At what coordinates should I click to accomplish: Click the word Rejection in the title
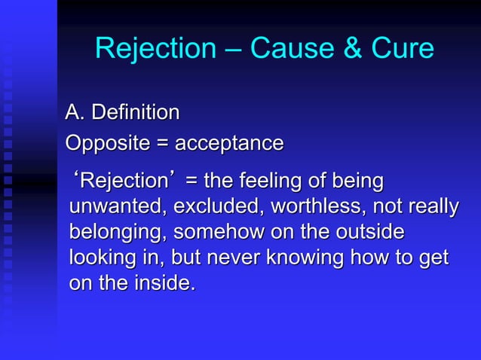pyautogui.click(x=155, y=49)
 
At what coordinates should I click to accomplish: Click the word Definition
pyautogui.click(x=135, y=113)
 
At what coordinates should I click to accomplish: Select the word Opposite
pyautogui.click(x=105, y=143)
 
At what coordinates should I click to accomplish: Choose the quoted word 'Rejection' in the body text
pyautogui.click(x=124, y=182)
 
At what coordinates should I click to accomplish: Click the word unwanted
pyautogui.click(x=117, y=207)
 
